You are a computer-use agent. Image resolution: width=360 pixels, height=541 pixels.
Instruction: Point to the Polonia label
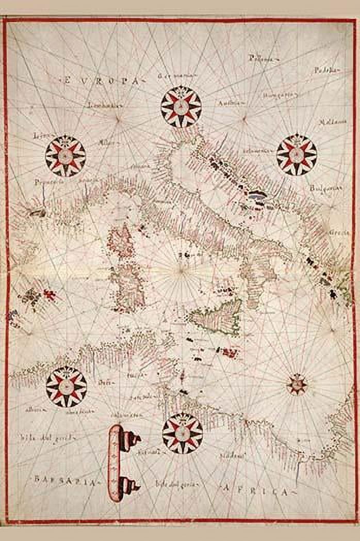pos(260,59)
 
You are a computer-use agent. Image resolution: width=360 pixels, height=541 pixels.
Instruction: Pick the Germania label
pos(177,76)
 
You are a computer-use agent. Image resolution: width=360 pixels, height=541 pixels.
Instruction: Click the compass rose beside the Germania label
pos(181,107)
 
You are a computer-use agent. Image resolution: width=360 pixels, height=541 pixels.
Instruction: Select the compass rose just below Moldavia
pos(296,154)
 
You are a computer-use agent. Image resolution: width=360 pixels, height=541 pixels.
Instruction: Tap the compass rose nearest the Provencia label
pos(66,156)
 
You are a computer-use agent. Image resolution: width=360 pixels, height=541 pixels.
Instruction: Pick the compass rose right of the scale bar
pos(182,433)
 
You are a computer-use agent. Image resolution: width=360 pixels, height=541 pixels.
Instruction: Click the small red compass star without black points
pos(297,384)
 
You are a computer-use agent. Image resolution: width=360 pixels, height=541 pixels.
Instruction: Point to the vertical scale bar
pos(117,463)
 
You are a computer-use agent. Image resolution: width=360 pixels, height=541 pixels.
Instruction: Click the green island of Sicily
pos(217,315)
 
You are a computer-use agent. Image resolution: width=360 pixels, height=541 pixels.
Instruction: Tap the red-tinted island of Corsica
pos(121,241)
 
